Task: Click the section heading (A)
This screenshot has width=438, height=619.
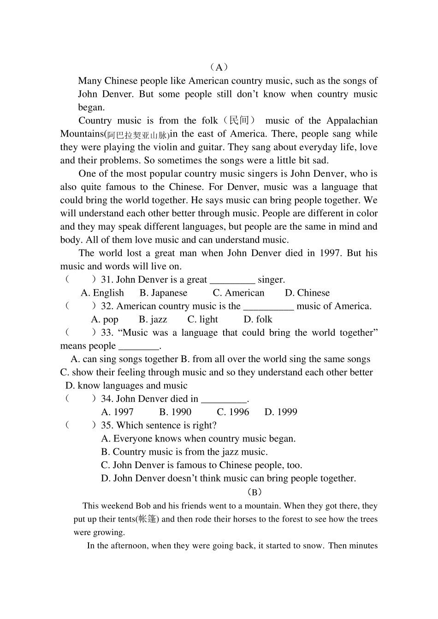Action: click(x=219, y=67)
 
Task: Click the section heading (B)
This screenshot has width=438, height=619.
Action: click(x=254, y=492)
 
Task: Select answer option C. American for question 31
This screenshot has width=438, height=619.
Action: click(x=238, y=293)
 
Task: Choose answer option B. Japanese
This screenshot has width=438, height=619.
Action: click(x=163, y=293)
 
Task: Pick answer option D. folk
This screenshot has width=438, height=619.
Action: click(x=258, y=319)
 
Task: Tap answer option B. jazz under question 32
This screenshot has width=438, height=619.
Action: click(x=153, y=319)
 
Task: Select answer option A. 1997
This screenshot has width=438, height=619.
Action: click(x=117, y=412)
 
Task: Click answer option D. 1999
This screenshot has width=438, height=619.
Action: click(x=281, y=412)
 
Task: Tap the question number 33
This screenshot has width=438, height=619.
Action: click(x=107, y=333)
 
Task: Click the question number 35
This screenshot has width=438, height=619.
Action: click(x=107, y=425)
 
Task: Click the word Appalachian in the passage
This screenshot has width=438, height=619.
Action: click(x=352, y=120)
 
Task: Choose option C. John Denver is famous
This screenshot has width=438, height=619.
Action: click(x=201, y=465)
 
